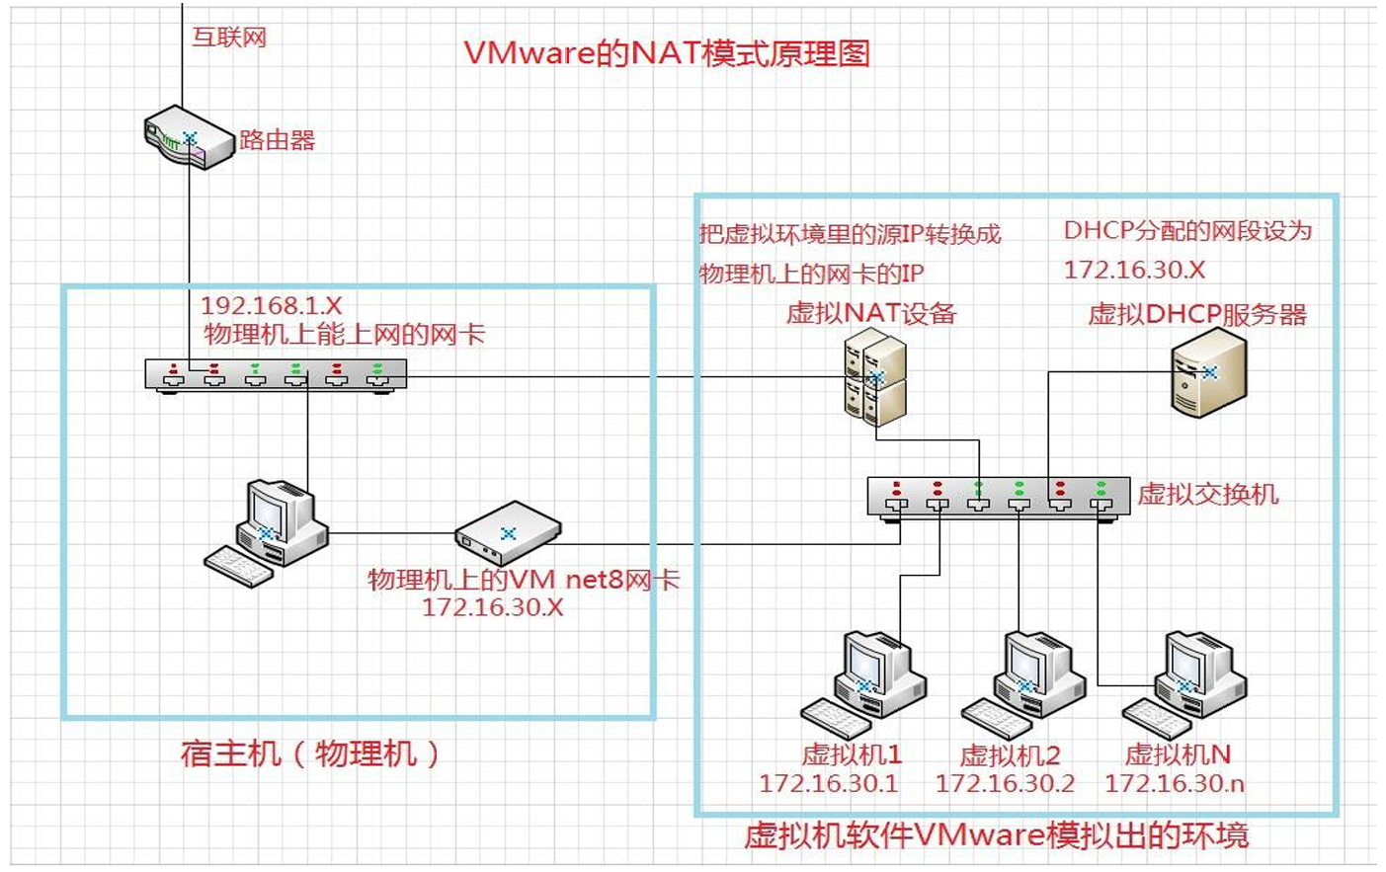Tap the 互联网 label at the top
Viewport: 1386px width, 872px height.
(229, 38)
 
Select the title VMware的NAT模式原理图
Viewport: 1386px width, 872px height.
(667, 53)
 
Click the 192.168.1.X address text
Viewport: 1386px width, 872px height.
(272, 306)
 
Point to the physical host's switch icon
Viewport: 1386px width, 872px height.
(276, 375)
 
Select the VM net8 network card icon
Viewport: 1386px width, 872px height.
(508, 533)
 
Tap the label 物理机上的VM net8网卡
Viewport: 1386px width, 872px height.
(524, 580)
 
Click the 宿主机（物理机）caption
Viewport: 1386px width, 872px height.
(310, 754)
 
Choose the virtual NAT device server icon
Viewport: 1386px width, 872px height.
(875, 377)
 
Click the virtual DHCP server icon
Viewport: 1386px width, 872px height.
(1208, 373)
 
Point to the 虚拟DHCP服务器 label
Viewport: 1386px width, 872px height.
(1197, 315)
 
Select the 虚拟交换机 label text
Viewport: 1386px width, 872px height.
(1207, 494)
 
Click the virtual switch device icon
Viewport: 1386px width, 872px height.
(998, 496)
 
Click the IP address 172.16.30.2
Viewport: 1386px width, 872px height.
(1005, 784)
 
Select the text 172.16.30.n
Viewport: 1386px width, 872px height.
(1174, 784)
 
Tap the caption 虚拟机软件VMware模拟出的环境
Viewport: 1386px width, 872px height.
(996, 836)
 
